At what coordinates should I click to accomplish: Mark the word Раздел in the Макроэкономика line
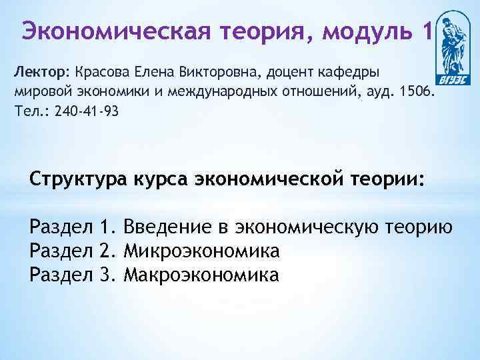point(58,274)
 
